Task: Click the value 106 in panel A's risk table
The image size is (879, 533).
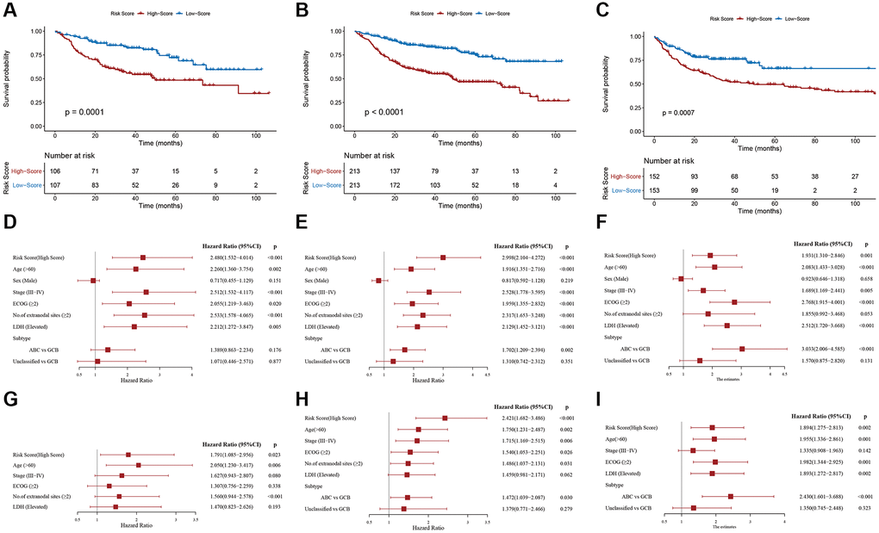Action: pos(56,172)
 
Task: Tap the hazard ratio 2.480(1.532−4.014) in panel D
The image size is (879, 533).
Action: pos(234,257)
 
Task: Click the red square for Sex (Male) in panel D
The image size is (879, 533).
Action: pos(93,281)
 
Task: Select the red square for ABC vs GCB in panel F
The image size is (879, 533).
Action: pos(742,349)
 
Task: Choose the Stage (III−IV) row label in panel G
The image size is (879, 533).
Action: pos(39,474)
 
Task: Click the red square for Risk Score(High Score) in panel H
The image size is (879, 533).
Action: pos(445,418)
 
